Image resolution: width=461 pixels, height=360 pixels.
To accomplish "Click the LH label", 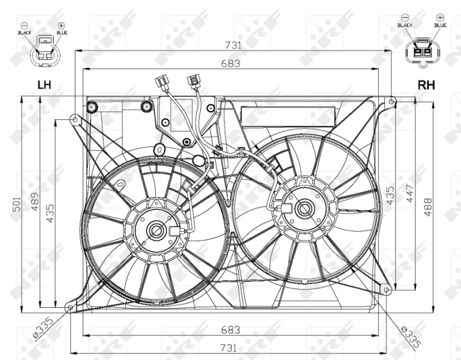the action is click(44, 85).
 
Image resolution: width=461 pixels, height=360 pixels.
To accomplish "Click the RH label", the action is click(426, 85).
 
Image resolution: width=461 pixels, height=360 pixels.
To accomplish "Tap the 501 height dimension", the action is click(17, 204).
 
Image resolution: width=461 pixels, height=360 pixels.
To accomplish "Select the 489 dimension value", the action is click(35, 202).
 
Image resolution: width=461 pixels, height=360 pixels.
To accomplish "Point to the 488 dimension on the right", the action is click(428, 207).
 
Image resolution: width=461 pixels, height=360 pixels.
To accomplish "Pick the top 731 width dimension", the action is click(233, 46).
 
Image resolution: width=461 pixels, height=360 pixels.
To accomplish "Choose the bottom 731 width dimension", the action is click(228, 348).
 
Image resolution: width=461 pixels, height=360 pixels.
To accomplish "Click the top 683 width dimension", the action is click(231, 64).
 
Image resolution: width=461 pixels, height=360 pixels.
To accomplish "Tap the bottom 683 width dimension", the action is click(231, 330).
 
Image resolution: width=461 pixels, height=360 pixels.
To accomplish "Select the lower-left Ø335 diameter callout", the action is click(43, 327).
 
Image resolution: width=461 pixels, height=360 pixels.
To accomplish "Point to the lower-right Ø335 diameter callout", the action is click(411, 337).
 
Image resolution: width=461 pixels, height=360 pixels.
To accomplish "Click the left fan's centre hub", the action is click(156, 231).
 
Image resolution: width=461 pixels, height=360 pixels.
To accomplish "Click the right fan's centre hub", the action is click(304, 208).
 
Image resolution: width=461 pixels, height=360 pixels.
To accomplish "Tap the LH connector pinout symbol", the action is click(45, 50).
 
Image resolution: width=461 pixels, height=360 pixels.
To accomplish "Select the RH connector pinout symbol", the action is click(423, 52).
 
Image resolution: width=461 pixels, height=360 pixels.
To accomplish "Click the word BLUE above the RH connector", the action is click(440, 25).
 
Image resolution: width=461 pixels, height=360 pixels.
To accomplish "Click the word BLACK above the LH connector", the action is click(25, 32).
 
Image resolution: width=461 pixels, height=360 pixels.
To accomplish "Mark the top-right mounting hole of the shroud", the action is click(391, 102).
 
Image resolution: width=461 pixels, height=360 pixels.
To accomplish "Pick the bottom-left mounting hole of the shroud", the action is click(70, 308).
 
